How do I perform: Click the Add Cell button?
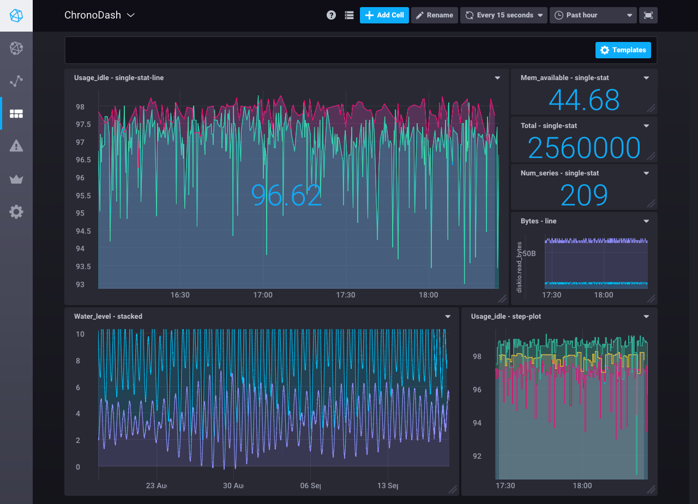click(x=384, y=15)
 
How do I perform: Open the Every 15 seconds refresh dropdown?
click(x=503, y=15)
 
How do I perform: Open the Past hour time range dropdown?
click(x=593, y=15)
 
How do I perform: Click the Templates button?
click(x=623, y=50)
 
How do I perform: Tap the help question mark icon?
click(x=331, y=15)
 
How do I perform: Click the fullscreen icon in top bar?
click(x=648, y=15)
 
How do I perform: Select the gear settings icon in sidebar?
click(x=16, y=212)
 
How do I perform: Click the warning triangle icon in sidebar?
click(x=16, y=146)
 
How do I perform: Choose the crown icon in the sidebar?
click(x=16, y=179)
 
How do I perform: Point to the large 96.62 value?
click(x=287, y=195)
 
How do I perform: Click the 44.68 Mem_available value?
click(x=584, y=100)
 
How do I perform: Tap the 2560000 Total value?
click(x=584, y=148)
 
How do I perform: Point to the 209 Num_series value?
click(x=584, y=195)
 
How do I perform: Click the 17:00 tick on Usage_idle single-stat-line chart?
click(x=263, y=295)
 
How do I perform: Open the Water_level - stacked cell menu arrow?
click(x=448, y=317)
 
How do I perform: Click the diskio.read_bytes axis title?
click(x=519, y=267)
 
